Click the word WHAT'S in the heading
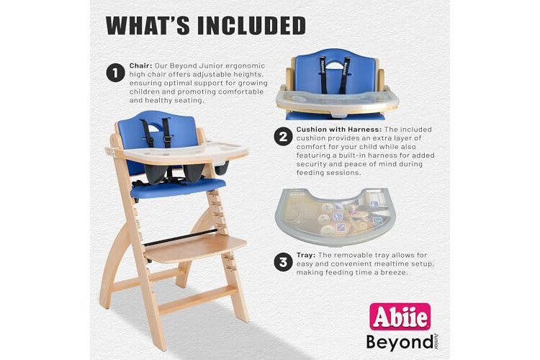tap(148, 25)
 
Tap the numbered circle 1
tap(115, 73)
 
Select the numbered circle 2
tap(283, 136)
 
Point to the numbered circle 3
tap(283, 262)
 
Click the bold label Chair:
tap(140, 66)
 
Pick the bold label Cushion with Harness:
tap(339, 130)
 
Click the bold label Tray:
tap(306, 256)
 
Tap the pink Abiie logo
tap(400, 317)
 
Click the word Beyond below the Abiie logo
tap(400, 343)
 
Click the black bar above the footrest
tap(181, 238)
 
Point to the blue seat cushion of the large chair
tap(178, 188)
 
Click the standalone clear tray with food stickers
tap(336, 217)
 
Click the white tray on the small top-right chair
tap(337, 100)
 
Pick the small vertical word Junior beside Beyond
tap(436, 341)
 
